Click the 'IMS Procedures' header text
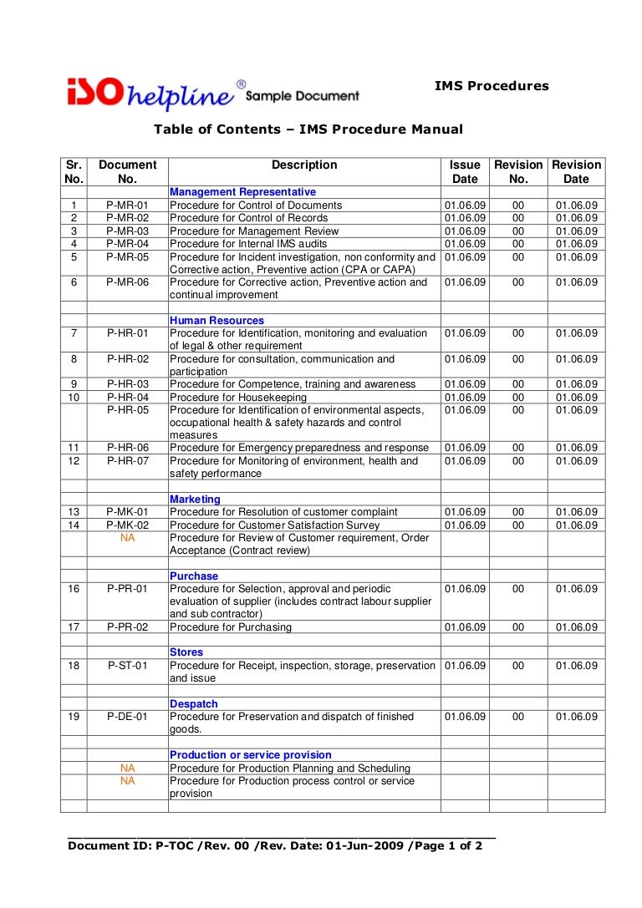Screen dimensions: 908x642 (492, 86)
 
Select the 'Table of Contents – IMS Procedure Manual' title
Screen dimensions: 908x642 (308, 129)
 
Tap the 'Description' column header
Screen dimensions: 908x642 (304, 165)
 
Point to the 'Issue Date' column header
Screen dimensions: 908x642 (465, 172)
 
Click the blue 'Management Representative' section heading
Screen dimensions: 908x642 (242, 192)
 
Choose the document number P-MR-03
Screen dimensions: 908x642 (127, 231)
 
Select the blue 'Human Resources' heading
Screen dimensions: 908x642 (217, 321)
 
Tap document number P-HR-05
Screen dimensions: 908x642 (127, 410)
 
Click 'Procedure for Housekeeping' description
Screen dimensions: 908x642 (238, 398)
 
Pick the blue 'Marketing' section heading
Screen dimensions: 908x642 (195, 500)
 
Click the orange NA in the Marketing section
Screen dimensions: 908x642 (127, 538)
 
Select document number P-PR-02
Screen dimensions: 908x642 (127, 627)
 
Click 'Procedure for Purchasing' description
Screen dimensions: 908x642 (231, 627)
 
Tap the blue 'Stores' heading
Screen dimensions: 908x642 (186, 652)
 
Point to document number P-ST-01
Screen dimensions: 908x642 (127, 666)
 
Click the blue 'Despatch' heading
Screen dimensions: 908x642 (193, 704)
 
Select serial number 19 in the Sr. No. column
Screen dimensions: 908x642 (74, 717)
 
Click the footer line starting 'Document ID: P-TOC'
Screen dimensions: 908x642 (275, 845)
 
